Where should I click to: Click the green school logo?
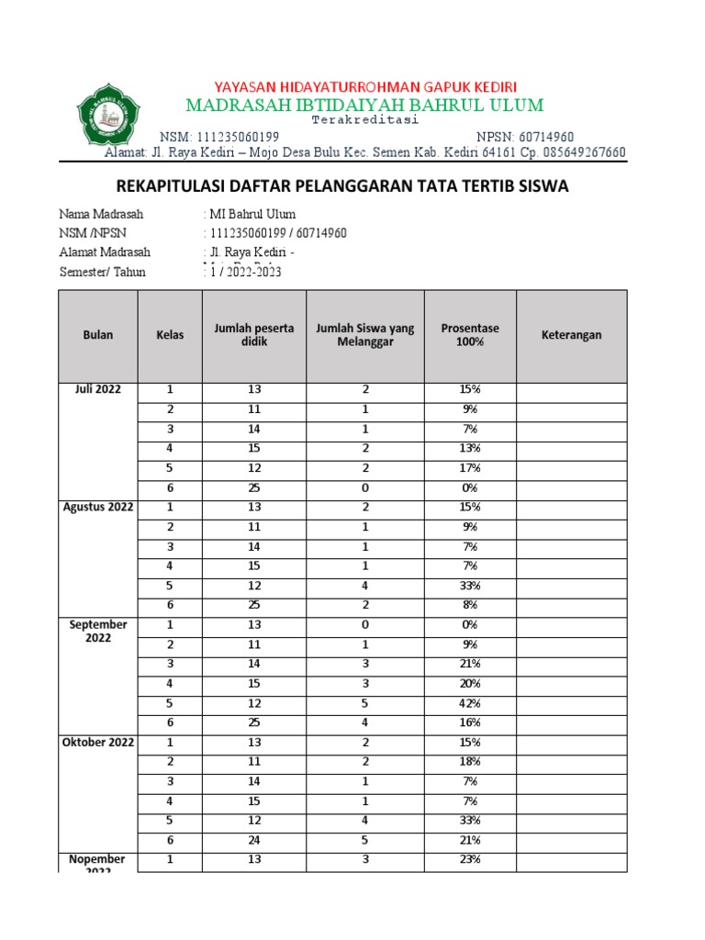pos(109,115)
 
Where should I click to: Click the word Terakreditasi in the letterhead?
pos(364,120)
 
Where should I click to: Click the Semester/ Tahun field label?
pos(102,272)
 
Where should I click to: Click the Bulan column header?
pos(98,335)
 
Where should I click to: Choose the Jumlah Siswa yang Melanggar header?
pos(364,335)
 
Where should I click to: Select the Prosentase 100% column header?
pos(470,335)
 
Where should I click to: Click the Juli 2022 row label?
pos(98,389)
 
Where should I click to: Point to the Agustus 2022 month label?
pos(98,507)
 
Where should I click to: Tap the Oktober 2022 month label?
pos(98,742)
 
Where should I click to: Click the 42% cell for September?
pos(470,703)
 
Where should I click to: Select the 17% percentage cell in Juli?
pos(470,468)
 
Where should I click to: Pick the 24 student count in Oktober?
pos(254,840)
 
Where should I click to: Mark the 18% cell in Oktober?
pos(470,762)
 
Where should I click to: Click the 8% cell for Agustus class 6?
pos(470,605)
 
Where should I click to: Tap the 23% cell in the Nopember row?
pos(470,860)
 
